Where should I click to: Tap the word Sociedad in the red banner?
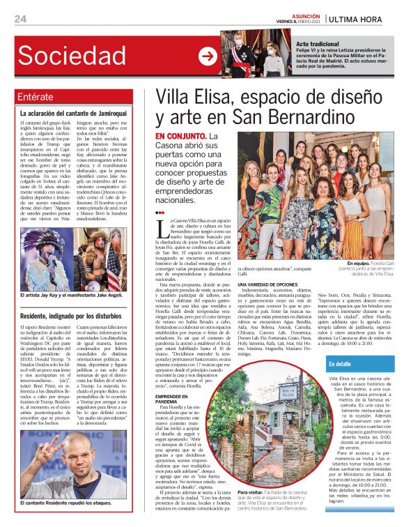(x=76, y=56)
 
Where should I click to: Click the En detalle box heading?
(x=340, y=363)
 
